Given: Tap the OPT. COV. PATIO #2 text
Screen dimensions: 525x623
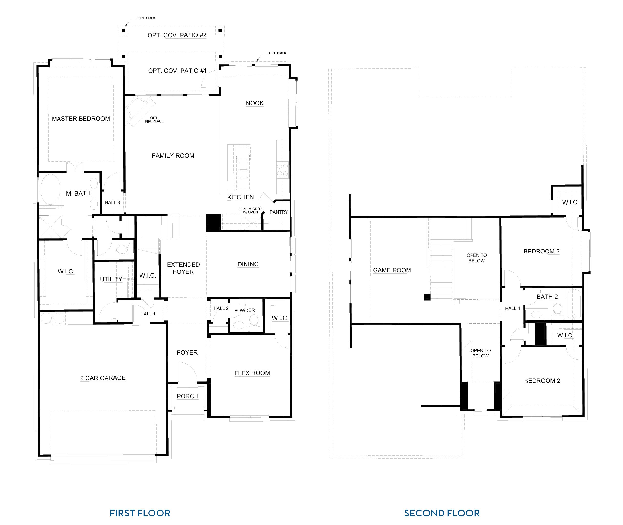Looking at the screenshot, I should coord(177,35).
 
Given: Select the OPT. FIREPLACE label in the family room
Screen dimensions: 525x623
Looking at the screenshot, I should coord(154,120).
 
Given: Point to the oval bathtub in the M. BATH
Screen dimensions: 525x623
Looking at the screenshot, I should coord(50,189).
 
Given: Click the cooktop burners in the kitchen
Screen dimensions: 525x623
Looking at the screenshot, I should coord(282,170).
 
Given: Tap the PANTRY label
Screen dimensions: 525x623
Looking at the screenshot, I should coord(279,212).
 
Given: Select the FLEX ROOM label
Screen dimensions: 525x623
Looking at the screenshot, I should coord(252,373).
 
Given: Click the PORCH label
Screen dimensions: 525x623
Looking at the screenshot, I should coord(187,396).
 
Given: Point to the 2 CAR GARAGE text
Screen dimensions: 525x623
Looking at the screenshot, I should coord(103,378).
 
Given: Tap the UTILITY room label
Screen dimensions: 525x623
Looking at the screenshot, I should coord(111,279).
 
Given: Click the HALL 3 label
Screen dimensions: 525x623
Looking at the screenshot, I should coord(112,202).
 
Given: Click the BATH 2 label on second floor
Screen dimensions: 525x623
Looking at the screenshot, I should coord(547,297).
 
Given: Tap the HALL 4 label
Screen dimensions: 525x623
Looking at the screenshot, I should coord(512,308).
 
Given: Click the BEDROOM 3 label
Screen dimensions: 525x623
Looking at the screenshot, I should coord(541,251).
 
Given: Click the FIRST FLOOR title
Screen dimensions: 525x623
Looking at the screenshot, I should coord(140,513).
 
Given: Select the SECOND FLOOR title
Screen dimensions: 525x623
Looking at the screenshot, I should coord(442,513).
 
